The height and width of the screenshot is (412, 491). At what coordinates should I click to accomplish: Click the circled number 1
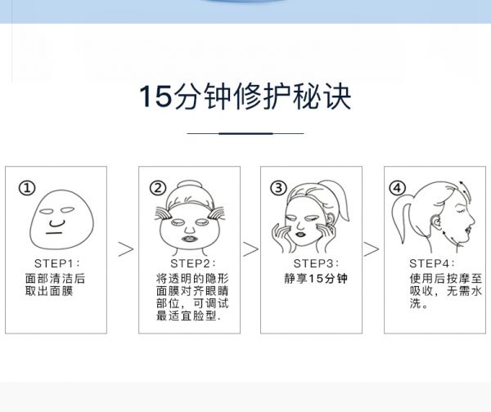[x=27, y=188]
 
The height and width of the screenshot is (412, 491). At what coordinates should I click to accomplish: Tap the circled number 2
[x=158, y=188]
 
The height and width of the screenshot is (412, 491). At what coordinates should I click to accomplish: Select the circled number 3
[x=278, y=188]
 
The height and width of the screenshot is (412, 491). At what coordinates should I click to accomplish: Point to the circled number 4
[x=398, y=188]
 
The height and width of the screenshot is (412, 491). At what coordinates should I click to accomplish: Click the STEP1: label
[x=57, y=263]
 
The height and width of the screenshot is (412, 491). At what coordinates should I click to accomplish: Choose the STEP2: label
[x=193, y=263]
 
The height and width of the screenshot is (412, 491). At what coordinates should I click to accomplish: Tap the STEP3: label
[x=316, y=263]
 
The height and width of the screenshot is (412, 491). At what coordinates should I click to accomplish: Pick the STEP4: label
[x=432, y=263]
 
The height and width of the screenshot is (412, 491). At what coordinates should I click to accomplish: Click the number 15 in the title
[x=155, y=96]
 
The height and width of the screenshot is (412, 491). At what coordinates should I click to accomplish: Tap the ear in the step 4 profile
[x=435, y=222]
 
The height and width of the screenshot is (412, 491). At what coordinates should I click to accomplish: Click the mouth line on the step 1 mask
[x=54, y=233]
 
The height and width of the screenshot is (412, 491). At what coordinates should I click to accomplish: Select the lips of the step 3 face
[x=300, y=233]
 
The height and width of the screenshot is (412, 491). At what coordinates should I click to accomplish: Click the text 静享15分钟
[x=316, y=279]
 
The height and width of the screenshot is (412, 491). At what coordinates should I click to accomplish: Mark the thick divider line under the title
[x=245, y=133]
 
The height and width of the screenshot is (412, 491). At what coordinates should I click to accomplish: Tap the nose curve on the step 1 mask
[x=56, y=223]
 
